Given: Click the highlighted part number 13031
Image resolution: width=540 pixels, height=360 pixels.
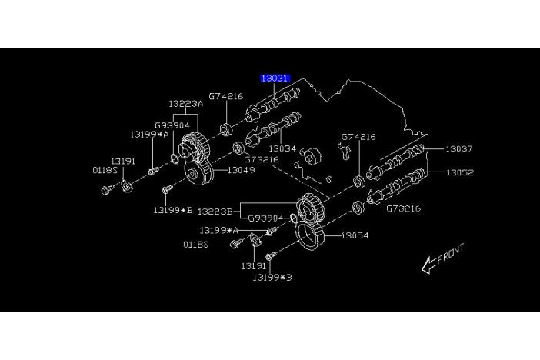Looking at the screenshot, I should coord(274,78).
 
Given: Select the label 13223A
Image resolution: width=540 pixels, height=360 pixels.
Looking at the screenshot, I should coord(186,103).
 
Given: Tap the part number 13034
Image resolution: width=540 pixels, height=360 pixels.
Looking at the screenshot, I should coord(282,148).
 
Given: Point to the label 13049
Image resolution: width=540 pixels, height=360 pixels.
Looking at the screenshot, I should coord(241,169).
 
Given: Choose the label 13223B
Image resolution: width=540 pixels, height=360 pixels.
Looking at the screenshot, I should coord(216,209).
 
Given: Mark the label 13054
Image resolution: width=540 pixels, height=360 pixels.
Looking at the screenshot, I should coord(355,235).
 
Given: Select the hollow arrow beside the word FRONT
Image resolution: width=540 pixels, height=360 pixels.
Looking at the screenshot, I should coord(427,266).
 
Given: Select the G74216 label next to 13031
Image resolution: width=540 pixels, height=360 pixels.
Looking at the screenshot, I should coord(226,96).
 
